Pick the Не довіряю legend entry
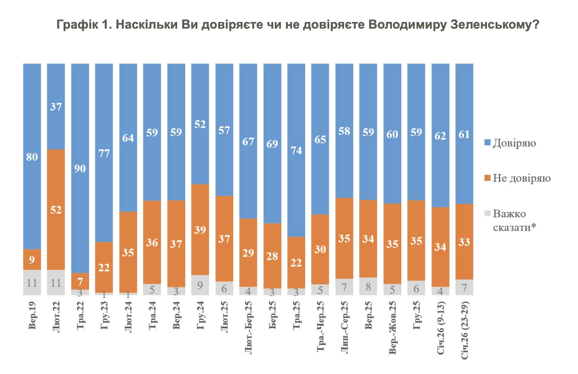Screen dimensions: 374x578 (521, 178)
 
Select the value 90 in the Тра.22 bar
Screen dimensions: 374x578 (80, 169)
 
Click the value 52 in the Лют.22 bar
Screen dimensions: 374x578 (56, 209)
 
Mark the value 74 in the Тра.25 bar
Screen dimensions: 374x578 (296, 150)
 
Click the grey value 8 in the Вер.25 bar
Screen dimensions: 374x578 (368, 287)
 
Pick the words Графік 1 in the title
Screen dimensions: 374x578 (83, 25)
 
